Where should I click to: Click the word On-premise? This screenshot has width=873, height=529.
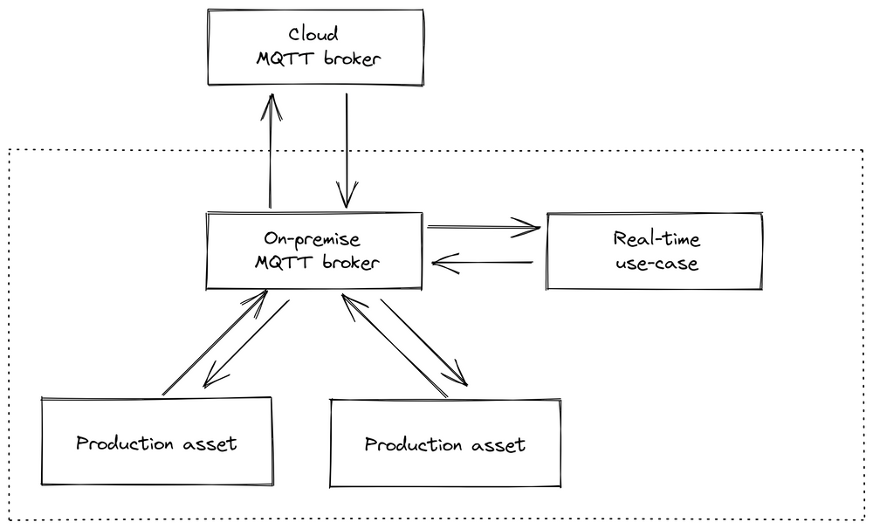313,238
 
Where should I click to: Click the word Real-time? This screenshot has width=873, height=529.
656,239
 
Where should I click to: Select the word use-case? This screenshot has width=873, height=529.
656,263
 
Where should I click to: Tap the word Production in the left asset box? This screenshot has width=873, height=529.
125,443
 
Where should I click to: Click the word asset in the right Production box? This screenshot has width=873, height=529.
498,445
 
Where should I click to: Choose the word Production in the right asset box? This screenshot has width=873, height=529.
413,445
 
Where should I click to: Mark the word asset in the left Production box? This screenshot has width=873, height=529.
210,443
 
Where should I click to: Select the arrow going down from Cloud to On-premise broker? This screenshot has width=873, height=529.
347,148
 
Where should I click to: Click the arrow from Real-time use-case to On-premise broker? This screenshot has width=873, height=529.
485,262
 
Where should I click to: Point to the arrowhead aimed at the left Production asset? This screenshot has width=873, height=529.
210,381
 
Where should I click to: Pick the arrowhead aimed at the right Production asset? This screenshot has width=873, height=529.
459,378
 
